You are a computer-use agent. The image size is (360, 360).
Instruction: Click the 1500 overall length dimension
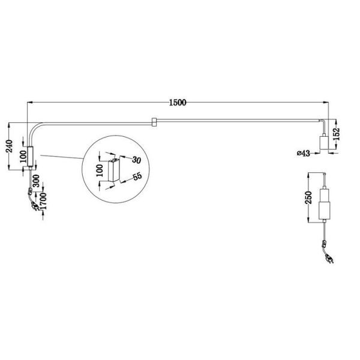click(178, 102)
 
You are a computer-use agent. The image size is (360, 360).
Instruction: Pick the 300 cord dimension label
click(37, 182)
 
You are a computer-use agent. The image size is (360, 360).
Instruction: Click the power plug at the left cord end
click(34, 208)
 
